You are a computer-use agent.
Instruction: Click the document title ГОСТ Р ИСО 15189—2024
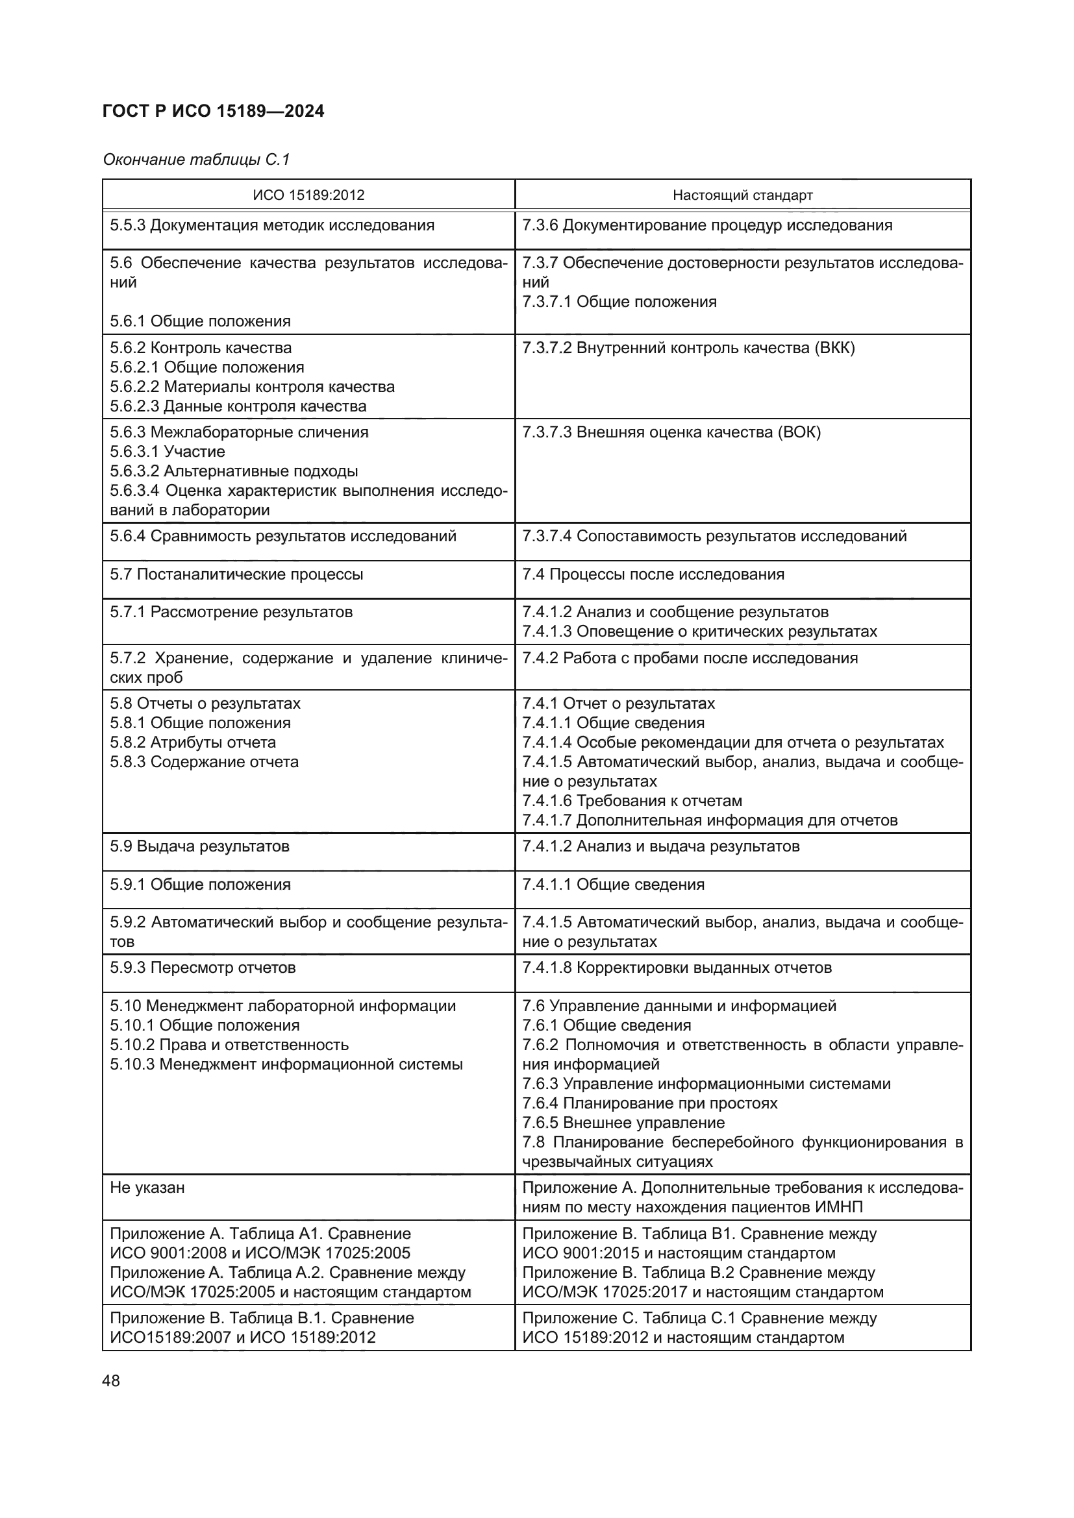tap(214, 112)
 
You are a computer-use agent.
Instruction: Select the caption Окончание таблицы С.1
tap(196, 160)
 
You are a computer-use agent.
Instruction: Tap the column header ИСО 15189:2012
tap(308, 195)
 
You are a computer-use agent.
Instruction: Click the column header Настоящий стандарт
tap(742, 195)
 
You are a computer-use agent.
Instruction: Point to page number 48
tap(111, 1380)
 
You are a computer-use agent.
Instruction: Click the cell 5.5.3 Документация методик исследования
tap(272, 225)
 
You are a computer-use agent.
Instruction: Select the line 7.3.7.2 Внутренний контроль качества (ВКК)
tap(688, 348)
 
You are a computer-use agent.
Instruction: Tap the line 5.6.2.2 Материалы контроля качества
tap(252, 387)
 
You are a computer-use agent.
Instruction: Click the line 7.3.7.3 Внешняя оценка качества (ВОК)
tap(671, 432)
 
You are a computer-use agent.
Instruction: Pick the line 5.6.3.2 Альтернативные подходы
tap(234, 471)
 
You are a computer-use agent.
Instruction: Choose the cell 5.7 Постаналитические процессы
tap(236, 574)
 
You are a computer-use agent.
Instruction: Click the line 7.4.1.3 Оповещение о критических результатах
tap(699, 631)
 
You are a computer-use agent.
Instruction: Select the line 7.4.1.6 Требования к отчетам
tap(632, 801)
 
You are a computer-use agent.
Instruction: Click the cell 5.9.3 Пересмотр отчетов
tap(203, 968)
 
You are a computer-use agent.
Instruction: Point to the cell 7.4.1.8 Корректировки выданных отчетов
tap(677, 968)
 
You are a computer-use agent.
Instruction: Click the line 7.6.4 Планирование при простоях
tap(649, 1103)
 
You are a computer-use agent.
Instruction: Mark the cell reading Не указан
tap(147, 1188)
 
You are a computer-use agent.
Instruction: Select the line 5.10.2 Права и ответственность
tap(229, 1045)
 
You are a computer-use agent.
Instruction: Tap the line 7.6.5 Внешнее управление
tap(623, 1123)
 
